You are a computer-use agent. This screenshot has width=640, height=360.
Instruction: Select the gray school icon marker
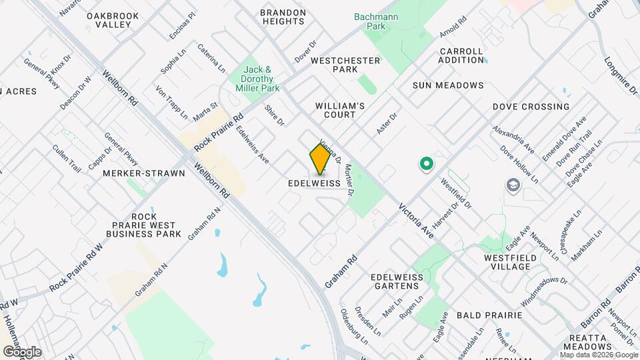click(513, 184)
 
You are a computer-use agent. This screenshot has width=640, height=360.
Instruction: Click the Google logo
click(22, 351)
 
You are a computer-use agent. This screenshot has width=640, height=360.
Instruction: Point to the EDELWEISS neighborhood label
click(315, 183)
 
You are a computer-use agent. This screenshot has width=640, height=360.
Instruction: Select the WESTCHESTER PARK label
click(345, 65)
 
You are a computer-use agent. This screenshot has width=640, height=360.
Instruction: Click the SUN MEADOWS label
click(447, 85)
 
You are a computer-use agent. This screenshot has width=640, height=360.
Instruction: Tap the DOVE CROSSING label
click(531, 107)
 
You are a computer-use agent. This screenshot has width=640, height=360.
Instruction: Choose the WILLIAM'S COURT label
click(340, 110)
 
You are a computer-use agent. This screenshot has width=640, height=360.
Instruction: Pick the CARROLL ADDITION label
click(461, 55)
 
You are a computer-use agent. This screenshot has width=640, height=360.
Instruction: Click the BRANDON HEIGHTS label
click(283, 17)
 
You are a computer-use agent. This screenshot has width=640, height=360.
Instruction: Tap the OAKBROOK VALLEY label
click(113, 19)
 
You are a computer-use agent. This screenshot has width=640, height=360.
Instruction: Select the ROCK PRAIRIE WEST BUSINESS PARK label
click(147, 225)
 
